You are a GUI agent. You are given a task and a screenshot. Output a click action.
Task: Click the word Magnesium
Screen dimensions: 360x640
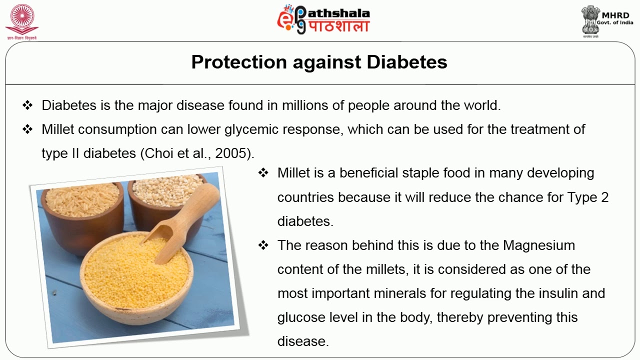539,245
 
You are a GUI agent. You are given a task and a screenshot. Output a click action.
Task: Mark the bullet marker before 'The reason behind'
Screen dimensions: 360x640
263,245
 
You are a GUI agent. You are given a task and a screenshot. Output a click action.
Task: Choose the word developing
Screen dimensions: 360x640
560,173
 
